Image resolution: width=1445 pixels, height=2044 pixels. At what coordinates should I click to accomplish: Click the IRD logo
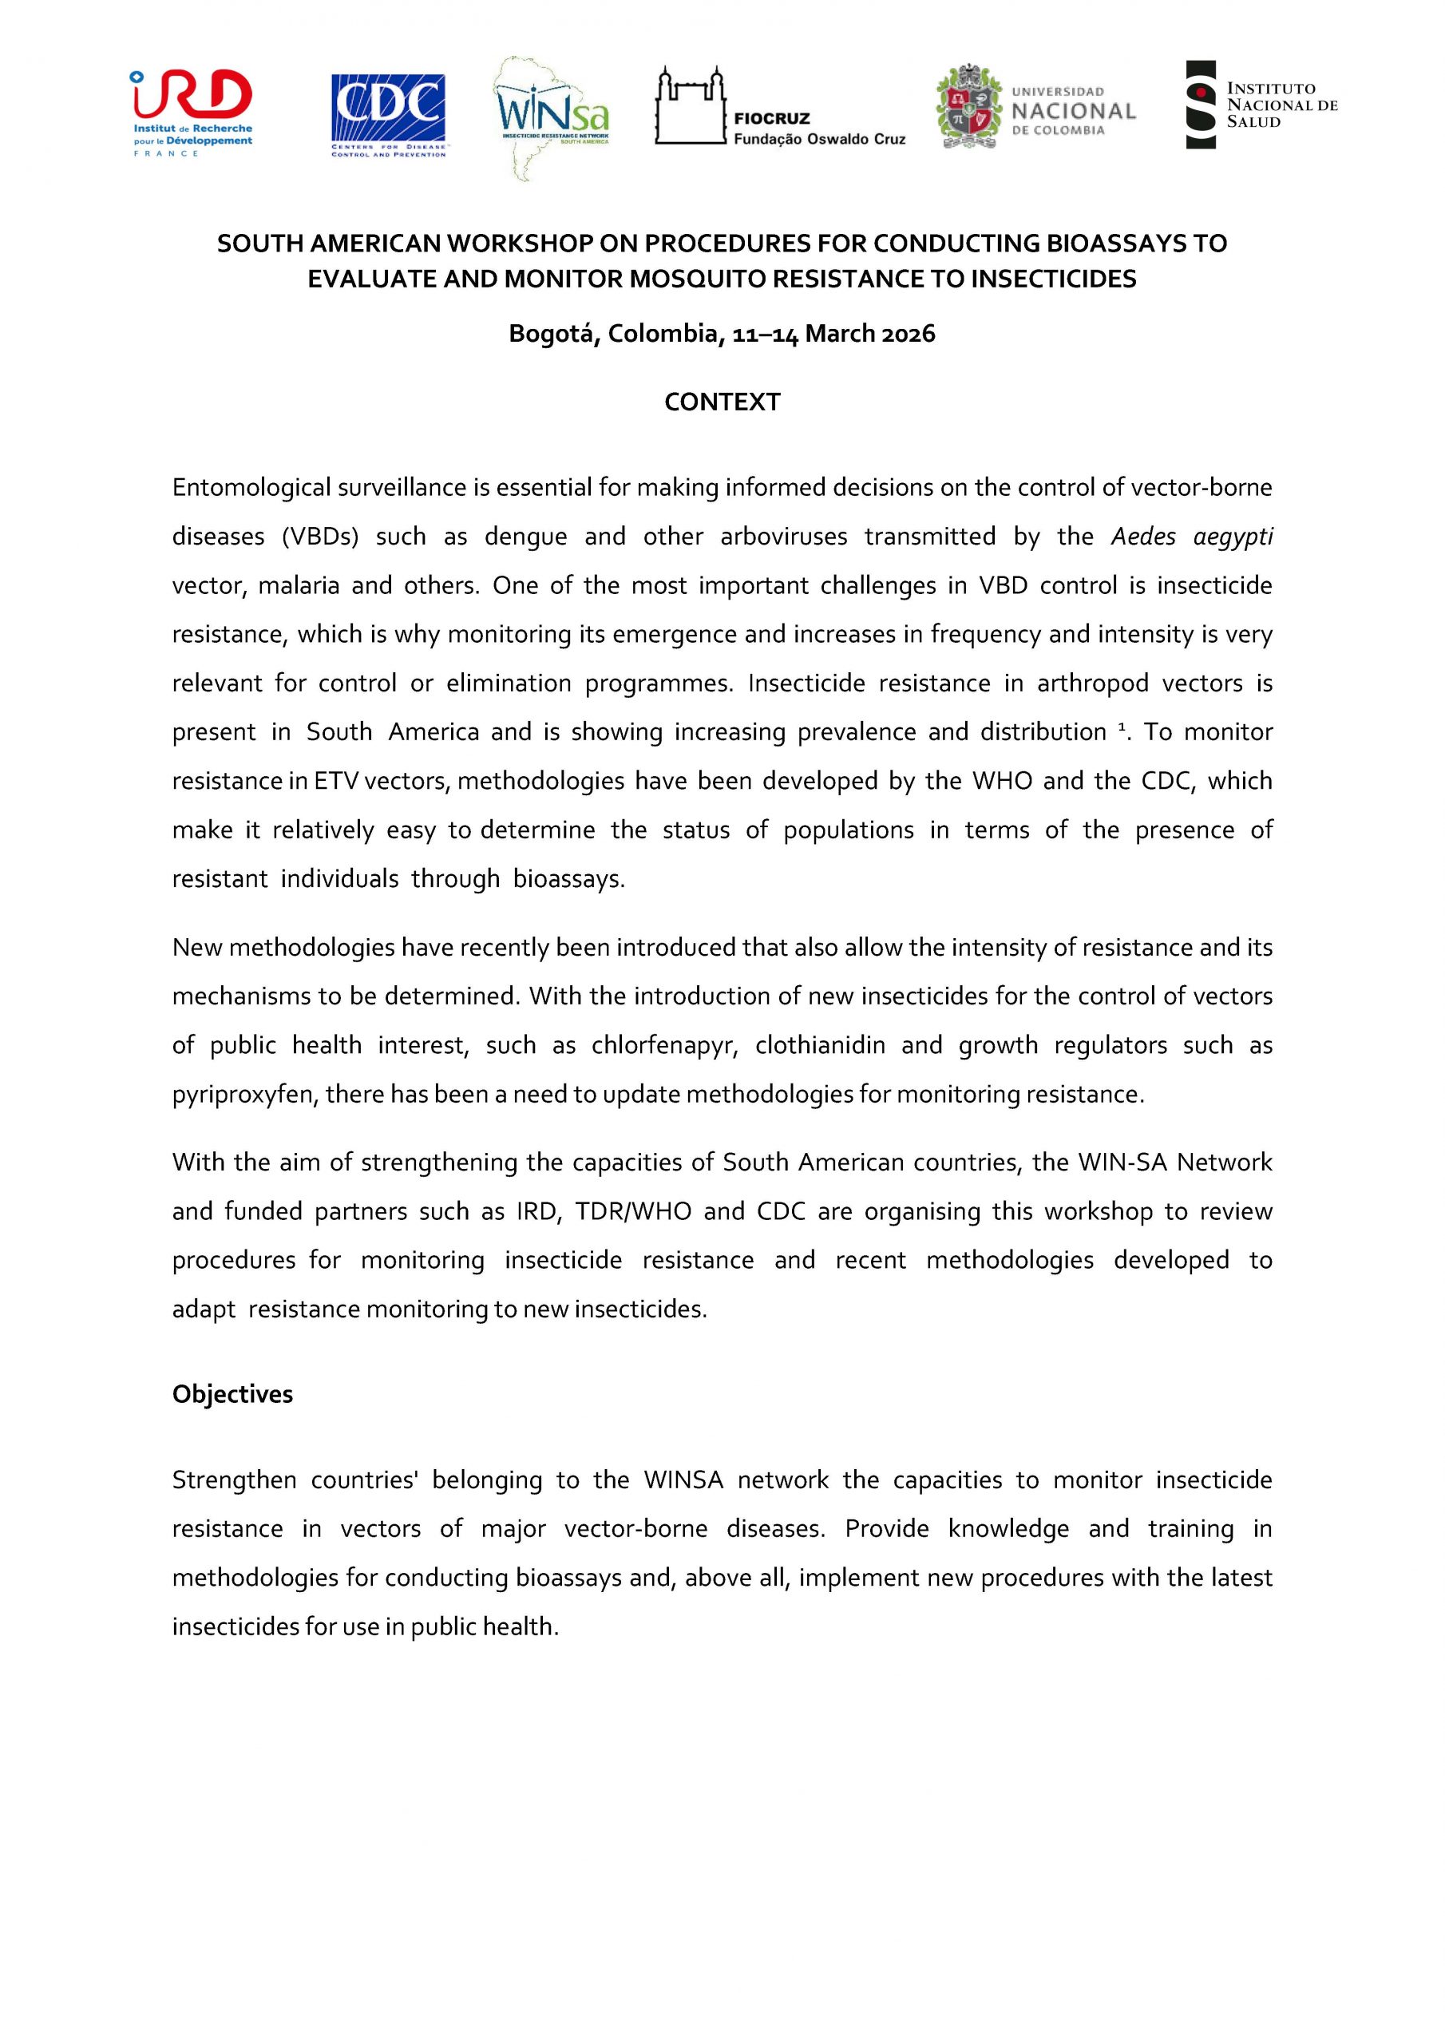pyautogui.click(x=192, y=113)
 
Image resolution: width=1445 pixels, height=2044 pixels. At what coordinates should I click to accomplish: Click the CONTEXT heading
pyautogui.click(x=722, y=402)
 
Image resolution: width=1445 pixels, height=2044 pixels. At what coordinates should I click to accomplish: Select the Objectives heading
pyautogui.click(x=232, y=1394)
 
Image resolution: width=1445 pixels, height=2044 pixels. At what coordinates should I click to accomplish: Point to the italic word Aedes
pyautogui.click(x=1143, y=537)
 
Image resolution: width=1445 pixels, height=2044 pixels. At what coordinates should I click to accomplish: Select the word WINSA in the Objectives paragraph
pyautogui.click(x=683, y=1480)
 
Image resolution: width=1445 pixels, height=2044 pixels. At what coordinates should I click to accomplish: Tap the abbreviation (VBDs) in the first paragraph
pyautogui.click(x=320, y=537)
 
